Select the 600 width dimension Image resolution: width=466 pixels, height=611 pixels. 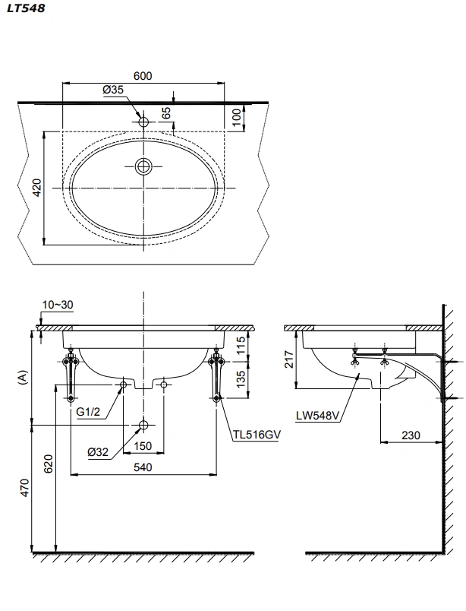click(143, 75)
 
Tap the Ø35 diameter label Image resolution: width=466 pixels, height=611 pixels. click(113, 90)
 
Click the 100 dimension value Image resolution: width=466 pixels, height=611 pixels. click(237, 117)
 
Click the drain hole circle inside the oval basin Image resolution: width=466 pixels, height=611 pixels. click(143, 166)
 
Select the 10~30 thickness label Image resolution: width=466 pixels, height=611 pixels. click(58, 305)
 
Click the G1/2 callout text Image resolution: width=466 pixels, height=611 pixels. click(90, 413)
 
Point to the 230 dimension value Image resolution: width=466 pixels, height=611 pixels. click(411, 436)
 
